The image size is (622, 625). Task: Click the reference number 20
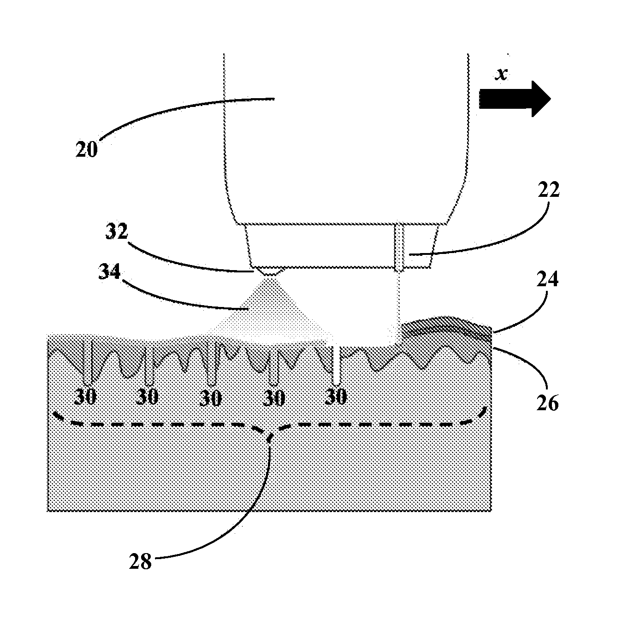point(87,150)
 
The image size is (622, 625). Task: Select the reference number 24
point(547,279)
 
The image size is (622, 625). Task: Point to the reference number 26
point(547,402)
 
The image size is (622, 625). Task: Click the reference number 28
point(141,562)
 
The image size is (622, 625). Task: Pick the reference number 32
point(116,232)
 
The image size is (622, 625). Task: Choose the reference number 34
point(109,272)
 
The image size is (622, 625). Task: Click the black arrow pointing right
point(515,99)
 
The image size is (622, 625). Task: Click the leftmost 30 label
point(86,397)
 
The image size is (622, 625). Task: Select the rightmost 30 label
point(336,397)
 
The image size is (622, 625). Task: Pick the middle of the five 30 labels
point(211,398)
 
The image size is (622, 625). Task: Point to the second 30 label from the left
point(148,397)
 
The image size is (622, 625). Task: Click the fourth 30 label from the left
point(273,398)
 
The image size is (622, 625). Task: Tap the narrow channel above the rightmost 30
point(336,366)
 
